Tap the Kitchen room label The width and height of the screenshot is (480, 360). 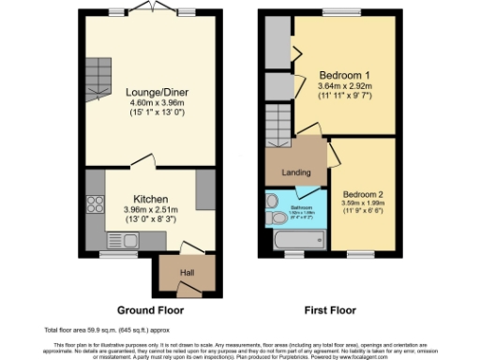coord(150,200)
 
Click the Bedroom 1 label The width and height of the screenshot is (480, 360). coord(344,75)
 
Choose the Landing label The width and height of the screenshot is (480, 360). coord(295,172)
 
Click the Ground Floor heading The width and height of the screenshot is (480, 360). coord(150,310)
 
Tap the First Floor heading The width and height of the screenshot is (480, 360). coord(330,310)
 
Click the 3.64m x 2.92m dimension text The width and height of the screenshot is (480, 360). coord(344,86)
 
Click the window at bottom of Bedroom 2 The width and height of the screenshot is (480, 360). coord(361,253)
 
